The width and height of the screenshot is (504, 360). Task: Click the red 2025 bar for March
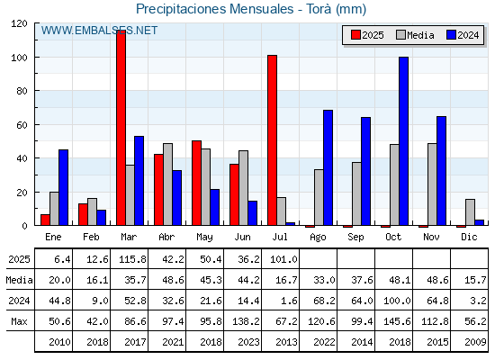[121, 128]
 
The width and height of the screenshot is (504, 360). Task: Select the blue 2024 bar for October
[404, 141]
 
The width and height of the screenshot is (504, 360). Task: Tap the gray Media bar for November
[432, 184]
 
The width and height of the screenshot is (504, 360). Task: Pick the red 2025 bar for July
[272, 140]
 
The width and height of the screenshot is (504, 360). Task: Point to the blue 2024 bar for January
[63, 187]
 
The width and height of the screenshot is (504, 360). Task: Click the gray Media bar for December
[470, 212]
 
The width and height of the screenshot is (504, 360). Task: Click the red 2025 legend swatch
[355, 35]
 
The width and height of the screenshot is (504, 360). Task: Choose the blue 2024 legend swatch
[451, 35]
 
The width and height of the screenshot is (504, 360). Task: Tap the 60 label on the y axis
[22, 125]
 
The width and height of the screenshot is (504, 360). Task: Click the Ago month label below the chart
[318, 238]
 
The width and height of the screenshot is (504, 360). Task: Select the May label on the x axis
[205, 238]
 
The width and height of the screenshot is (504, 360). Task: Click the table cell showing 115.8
[132, 259]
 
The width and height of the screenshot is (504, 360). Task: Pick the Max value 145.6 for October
[397, 321]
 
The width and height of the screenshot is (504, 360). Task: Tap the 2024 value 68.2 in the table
[324, 301]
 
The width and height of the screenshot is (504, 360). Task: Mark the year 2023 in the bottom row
[248, 342]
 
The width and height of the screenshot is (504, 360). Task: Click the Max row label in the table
[19, 321]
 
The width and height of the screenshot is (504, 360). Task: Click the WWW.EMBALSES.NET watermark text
[99, 31]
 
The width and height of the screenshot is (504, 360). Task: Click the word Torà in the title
[319, 9]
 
